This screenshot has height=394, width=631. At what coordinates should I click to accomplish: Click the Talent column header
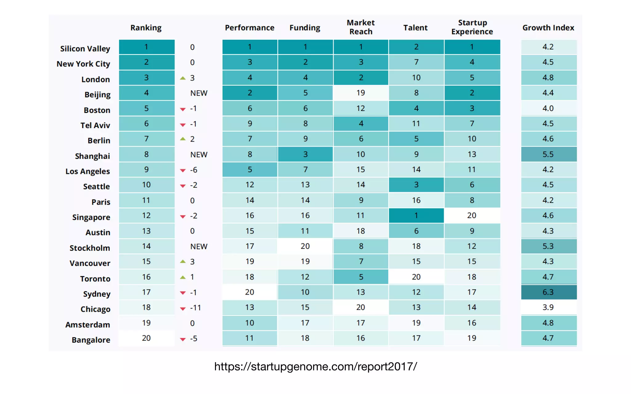tap(415, 28)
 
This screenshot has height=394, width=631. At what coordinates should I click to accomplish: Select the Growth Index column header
tap(548, 28)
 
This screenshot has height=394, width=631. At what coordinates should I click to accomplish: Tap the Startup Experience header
tap(472, 27)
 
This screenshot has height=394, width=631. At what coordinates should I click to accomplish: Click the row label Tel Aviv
tap(95, 125)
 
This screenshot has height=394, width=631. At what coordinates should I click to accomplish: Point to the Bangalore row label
tap(91, 340)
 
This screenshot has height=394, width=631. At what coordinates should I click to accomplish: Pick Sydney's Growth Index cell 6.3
tap(548, 292)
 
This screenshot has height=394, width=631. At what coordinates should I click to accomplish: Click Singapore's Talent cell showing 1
tap(416, 215)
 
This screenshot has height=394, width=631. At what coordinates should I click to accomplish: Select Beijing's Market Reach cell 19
tap(360, 93)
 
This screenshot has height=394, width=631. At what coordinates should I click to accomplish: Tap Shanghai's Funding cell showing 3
tap(305, 154)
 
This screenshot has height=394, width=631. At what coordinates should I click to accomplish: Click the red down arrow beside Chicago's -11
tap(183, 308)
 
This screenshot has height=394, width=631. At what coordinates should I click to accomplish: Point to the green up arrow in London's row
tap(183, 78)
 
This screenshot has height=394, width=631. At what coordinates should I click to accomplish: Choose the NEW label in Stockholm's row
tap(199, 247)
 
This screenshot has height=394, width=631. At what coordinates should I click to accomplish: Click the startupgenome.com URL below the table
tap(315, 366)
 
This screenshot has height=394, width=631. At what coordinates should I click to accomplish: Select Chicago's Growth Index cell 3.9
tap(548, 307)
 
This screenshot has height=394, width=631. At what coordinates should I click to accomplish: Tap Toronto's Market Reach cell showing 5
tap(360, 277)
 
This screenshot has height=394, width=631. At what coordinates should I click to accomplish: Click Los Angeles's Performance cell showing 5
tap(250, 170)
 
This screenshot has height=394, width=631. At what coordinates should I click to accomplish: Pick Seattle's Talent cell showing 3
tap(416, 185)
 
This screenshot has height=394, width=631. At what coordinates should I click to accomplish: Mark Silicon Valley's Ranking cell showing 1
tap(146, 47)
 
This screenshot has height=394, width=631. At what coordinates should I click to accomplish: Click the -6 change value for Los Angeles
tap(193, 170)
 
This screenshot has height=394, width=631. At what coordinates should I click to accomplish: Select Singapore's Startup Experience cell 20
tap(472, 215)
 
